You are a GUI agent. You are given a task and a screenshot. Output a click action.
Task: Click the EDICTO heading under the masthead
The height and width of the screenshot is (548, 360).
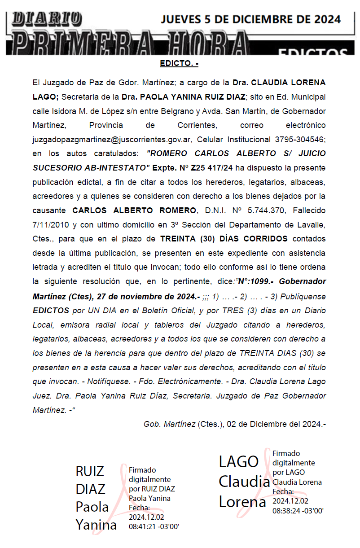tap(179, 64)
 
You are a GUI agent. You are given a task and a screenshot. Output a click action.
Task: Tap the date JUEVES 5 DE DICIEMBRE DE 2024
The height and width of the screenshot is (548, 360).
tap(250, 19)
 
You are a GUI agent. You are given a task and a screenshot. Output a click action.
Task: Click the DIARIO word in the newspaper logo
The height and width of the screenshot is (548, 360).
tap(47, 18)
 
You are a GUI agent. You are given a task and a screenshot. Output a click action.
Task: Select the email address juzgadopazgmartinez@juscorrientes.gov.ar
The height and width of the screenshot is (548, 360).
tap(113, 139)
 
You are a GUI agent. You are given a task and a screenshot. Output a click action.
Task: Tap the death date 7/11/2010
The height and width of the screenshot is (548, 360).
tap(52, 224)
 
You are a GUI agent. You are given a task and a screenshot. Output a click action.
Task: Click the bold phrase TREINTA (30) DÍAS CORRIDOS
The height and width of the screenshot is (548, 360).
tap(224, 238)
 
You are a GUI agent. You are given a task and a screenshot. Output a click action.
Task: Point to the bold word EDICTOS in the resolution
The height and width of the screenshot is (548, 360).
tap(51, 310)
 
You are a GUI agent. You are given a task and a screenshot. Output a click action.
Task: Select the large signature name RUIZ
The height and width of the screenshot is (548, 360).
tap(90, 471)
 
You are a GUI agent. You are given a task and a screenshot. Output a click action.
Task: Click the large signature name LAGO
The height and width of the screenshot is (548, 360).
tap(239, 461)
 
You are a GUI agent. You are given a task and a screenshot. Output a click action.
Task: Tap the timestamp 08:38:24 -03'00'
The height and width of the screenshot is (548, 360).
tap(298, 510)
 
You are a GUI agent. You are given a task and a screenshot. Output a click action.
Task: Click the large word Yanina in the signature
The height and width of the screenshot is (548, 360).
tap(96, 524)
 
